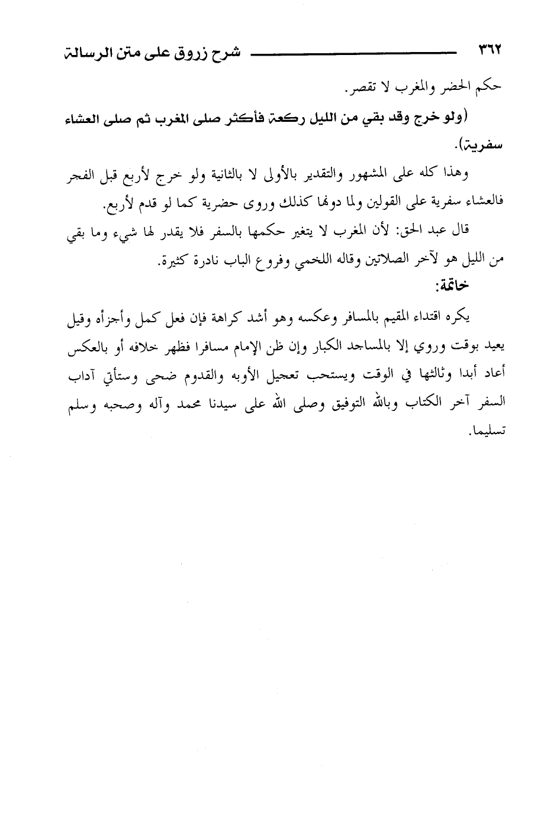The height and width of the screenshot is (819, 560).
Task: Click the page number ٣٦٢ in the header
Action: coord(489,51)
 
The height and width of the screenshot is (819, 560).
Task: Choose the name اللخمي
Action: coord(284,261)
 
